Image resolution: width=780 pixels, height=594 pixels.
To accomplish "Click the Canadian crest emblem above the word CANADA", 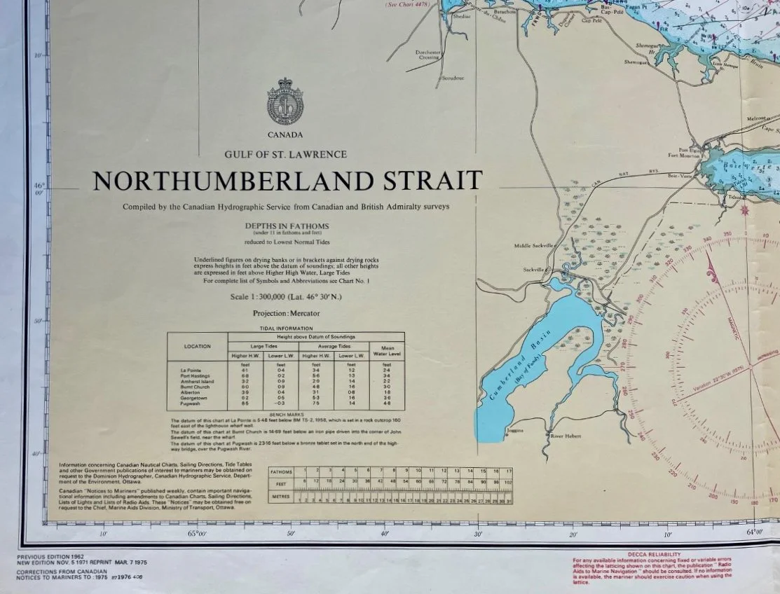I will point(285,103).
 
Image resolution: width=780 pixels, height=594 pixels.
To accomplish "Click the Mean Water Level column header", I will point(386,350).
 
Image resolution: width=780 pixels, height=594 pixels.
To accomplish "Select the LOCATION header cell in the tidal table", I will point(197,346).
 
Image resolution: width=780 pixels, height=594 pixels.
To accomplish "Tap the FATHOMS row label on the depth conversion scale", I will point(282,472).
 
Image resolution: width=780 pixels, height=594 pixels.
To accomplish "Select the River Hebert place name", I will point(566,436).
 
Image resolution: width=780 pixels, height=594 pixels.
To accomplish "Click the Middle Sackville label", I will point(533,246).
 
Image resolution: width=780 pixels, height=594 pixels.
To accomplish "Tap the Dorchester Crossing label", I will point(427,54).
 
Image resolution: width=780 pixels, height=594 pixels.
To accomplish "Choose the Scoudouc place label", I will point(453,78).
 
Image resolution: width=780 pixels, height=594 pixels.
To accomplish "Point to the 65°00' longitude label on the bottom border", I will point(197,534).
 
